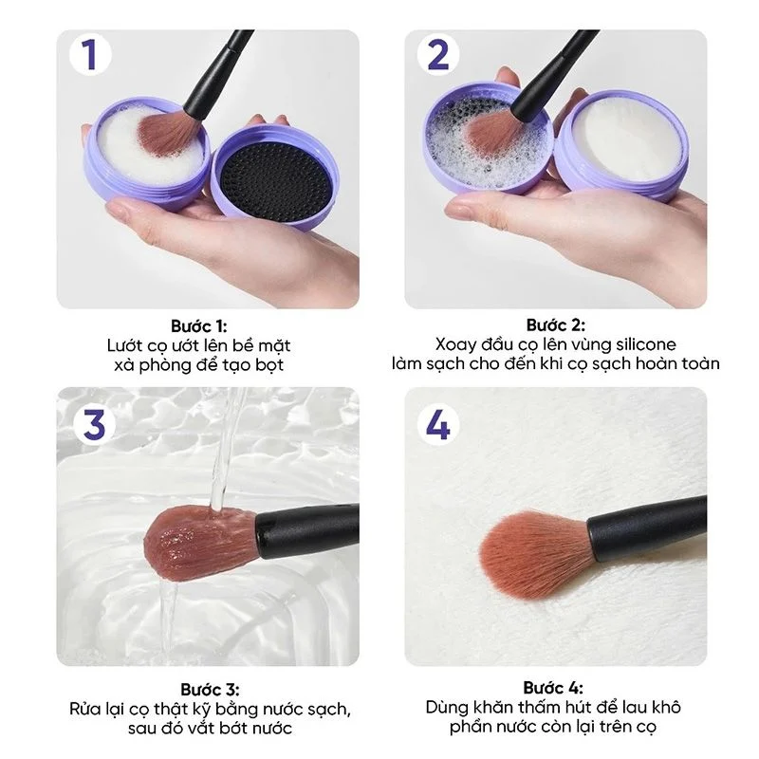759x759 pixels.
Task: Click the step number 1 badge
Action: point(90,55)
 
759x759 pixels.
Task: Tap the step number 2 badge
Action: point(438,55)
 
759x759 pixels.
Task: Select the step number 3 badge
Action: point(94,425)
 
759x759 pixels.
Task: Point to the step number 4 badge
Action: point(438,425)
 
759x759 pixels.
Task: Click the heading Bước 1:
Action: point(199,325)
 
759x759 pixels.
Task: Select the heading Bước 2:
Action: point(556,324)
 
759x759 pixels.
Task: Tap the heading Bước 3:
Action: point(210,690)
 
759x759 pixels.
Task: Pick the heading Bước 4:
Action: point(553,688)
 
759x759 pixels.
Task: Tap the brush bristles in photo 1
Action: point(169,131)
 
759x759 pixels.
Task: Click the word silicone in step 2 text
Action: point(646,344)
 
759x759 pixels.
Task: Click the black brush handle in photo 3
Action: point(307,531)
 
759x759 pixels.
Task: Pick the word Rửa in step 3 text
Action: point(83,709)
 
